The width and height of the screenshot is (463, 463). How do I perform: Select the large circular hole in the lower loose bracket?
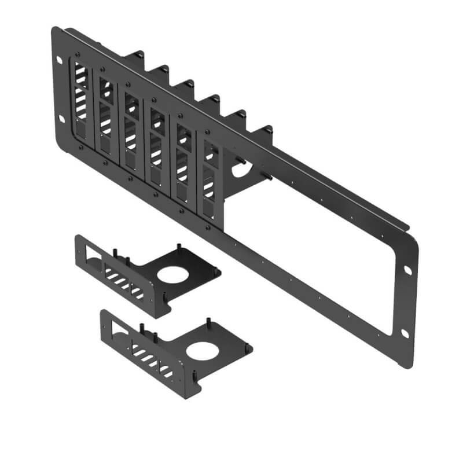[x=203, y=350]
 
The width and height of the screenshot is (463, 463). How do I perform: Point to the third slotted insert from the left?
[x=132, y=131]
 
